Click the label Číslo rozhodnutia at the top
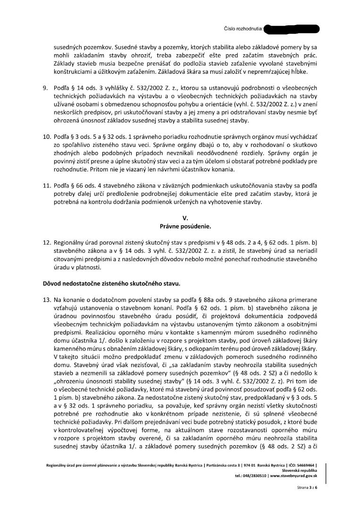click(243, 29)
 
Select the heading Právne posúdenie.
click(185, 226)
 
